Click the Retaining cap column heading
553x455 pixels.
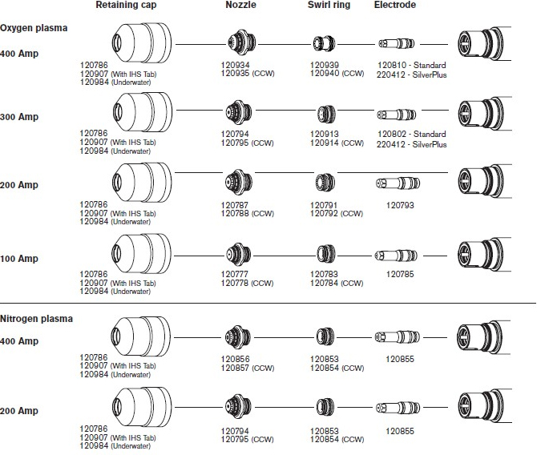point(126,5)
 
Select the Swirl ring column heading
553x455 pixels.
point(329,5)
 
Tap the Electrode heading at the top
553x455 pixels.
point(394,5)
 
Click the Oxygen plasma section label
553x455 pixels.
point(34,28)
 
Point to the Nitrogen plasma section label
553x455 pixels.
point(36,319)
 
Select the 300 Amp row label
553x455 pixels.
point(19,117)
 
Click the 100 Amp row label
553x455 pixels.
point(19,259)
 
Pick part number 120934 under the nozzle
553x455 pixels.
point(236,65)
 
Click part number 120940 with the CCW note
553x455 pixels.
point(337,74)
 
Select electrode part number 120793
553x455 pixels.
point(400,205)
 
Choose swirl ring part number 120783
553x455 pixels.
point(324,274)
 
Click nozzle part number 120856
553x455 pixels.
point(236,359)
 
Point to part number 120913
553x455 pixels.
point(325,134)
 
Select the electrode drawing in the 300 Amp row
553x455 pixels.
point(397,115)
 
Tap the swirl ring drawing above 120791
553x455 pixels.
point(325,183)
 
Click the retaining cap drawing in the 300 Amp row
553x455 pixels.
point(143,111)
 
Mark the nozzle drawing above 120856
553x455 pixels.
point(238,337)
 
